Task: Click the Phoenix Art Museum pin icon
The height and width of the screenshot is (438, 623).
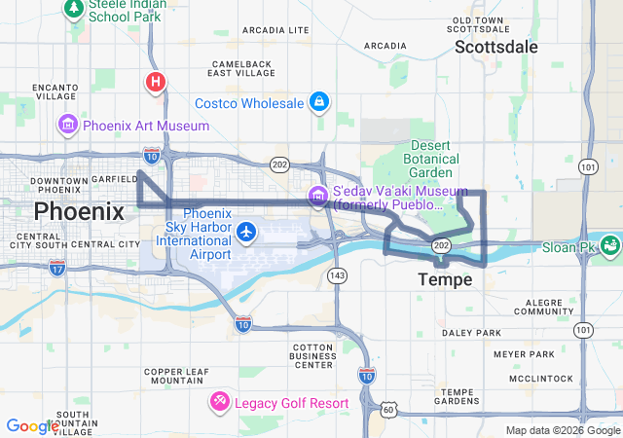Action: (67, 125)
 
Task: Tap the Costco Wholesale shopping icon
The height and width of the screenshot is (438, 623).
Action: (318, 102)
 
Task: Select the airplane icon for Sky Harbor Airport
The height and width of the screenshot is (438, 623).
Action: (246, 232)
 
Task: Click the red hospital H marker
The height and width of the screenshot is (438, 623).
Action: (155, 82)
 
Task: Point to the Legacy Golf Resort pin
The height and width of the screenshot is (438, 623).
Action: (221, 401)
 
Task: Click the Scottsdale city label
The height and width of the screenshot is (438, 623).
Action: (495, 47)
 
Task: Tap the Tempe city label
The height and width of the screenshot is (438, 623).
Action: (445, 280)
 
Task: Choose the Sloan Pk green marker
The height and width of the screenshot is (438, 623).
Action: (610, 244)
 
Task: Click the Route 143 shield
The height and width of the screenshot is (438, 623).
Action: (337, 276)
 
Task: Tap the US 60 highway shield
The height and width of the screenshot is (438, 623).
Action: (388, 409)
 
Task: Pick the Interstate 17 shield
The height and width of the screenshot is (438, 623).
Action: (57, 265)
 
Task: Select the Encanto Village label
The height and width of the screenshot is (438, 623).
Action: (55, 91)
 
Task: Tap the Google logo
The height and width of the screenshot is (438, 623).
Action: (32, 425)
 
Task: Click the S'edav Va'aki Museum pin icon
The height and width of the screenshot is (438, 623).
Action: (318, 196)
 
